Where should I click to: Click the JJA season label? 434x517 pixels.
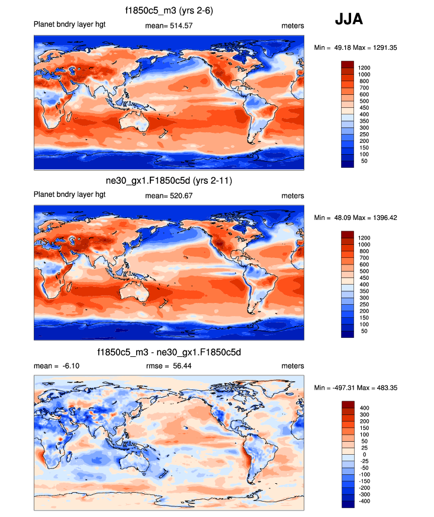pyautogui.click(x=349, y=19)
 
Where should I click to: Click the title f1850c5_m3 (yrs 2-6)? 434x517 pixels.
pyautogui.click(x=169, y=10)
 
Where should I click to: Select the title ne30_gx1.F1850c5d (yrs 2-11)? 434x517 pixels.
pyautogui.click(x=169, y=180)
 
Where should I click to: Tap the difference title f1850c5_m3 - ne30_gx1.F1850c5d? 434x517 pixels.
pyautogui.click(x=169, y=352)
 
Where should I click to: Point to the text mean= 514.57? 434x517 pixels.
pyautogui.click(x=169, y=25)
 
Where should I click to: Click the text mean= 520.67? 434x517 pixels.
pyautogui.click(x=169, y=196)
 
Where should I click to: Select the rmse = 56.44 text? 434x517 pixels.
pyautogui.click(x=169, y=366)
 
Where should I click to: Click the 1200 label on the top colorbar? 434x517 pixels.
pyautogui.click(x=364, y=68)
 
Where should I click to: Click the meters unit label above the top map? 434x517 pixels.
pyautogui.click(x=292, y=25)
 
